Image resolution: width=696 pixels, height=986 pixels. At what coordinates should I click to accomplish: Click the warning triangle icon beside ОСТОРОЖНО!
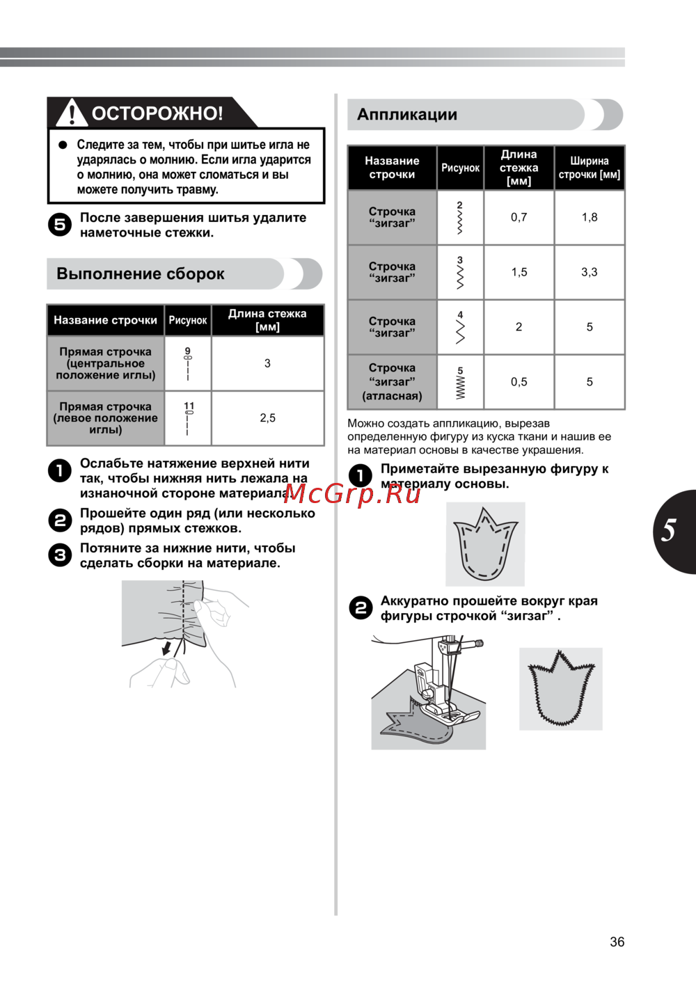[x=72, y=113]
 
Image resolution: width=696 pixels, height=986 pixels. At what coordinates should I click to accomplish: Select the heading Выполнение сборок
[x=141, y=273]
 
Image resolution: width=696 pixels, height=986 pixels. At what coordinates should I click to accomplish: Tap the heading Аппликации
[x=407, y=115]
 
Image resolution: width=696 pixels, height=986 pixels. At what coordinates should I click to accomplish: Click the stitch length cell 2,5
[x=267, y=418]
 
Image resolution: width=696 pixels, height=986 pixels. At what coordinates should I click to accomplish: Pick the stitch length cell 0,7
[x=519, y=217]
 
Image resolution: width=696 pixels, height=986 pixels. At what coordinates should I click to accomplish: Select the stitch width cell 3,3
[x=590, y=272]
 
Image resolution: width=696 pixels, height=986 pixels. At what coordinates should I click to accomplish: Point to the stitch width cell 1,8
[x=590, y=217]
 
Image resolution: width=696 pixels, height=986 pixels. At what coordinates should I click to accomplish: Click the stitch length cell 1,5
[x=519, y=272]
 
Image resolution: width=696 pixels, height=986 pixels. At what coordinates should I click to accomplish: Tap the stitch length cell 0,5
[x=519, y=382]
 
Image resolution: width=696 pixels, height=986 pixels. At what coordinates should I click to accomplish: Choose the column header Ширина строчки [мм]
[x=590, y=168]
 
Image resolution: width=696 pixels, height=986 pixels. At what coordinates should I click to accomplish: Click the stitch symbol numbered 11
[x=189, y=418]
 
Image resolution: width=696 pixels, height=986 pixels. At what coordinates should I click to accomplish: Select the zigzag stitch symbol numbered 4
[x=460, y=328]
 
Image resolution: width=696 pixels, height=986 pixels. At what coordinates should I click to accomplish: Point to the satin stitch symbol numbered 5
[x=460, y=383]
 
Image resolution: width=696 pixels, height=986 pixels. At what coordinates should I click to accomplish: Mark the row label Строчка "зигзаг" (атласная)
[x=392, y=382]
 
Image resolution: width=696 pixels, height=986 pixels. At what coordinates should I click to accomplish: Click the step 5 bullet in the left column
[x=60, y=225]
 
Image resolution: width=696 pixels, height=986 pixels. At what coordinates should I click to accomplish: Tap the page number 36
[x=617, y=942]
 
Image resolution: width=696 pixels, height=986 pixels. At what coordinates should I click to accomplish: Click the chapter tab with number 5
[x=671, y=531]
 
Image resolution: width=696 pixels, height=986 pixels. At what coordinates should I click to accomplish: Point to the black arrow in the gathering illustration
[x=166, y=649]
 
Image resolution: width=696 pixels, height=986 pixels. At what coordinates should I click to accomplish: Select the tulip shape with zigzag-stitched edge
[x=560, y=688]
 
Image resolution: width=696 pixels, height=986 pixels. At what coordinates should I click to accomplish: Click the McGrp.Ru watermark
[x=352, y=493]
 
